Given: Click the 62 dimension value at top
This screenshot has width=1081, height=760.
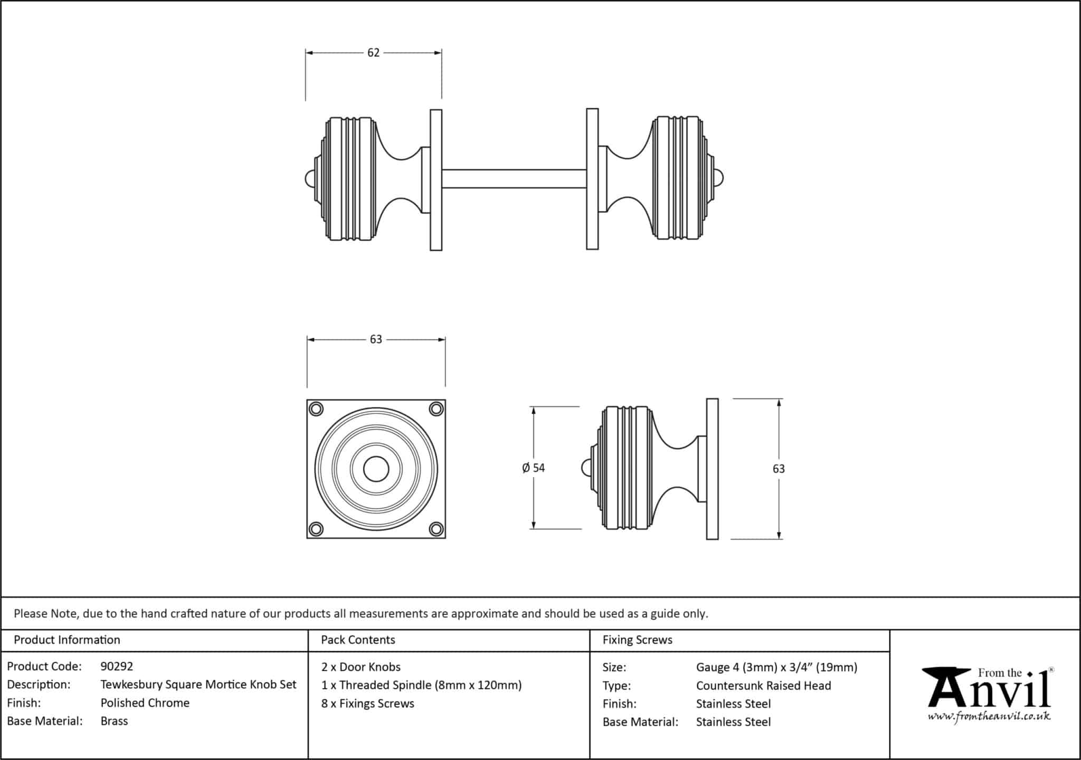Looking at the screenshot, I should pyautogui.click(x=373, y=53).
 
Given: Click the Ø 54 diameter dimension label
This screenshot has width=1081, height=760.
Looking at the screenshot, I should pyautogui.click(x=533, y=468).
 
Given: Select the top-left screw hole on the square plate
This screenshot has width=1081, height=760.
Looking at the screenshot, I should pyautogui.click(x=316, y=409).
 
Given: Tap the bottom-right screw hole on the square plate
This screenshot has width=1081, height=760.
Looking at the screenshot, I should pyautogui.click(x=436, y=528).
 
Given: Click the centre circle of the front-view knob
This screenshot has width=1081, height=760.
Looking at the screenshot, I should pyautogui.click(x=376, y=469).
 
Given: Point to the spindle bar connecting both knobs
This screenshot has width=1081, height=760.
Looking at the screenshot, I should pyautogui.click(x=514, y=179).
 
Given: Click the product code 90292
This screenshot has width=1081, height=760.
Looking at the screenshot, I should pyautogui.click(x=117, y=666).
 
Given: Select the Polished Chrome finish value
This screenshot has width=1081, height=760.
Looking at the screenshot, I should pyautogui.click(x=145, y=702).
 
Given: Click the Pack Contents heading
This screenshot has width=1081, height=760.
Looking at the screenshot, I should pyautogui.click(x=358, y=640).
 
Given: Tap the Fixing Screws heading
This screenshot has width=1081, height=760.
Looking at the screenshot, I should pyautogui.click(x=637, y=640).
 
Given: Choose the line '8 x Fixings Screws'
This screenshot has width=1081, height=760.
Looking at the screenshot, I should pyautogui.click(x=367, y=703).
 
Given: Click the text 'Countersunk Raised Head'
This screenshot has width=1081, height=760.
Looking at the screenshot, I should pyautogui.click(x=763, y=685).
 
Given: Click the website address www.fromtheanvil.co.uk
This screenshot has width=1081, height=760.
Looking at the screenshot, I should pyautogui.click(x=989, y=717).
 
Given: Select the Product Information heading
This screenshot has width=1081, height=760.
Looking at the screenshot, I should pyautogui.click(x=67, y=640).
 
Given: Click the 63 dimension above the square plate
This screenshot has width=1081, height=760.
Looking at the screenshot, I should pyautogui.click(x=376, y=339).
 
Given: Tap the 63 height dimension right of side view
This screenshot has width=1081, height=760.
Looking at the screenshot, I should pyautogui.click(x=779, y=469).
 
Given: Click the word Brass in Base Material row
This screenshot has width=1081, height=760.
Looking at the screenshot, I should pyautogui.click(x=114, y=721).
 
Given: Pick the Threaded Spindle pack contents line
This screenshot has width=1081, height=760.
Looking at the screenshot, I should pyautogui.click(x=421, y=685).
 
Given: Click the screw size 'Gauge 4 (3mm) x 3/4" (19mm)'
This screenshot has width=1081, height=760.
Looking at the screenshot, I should pyautogui.click(x=776, y=667).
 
